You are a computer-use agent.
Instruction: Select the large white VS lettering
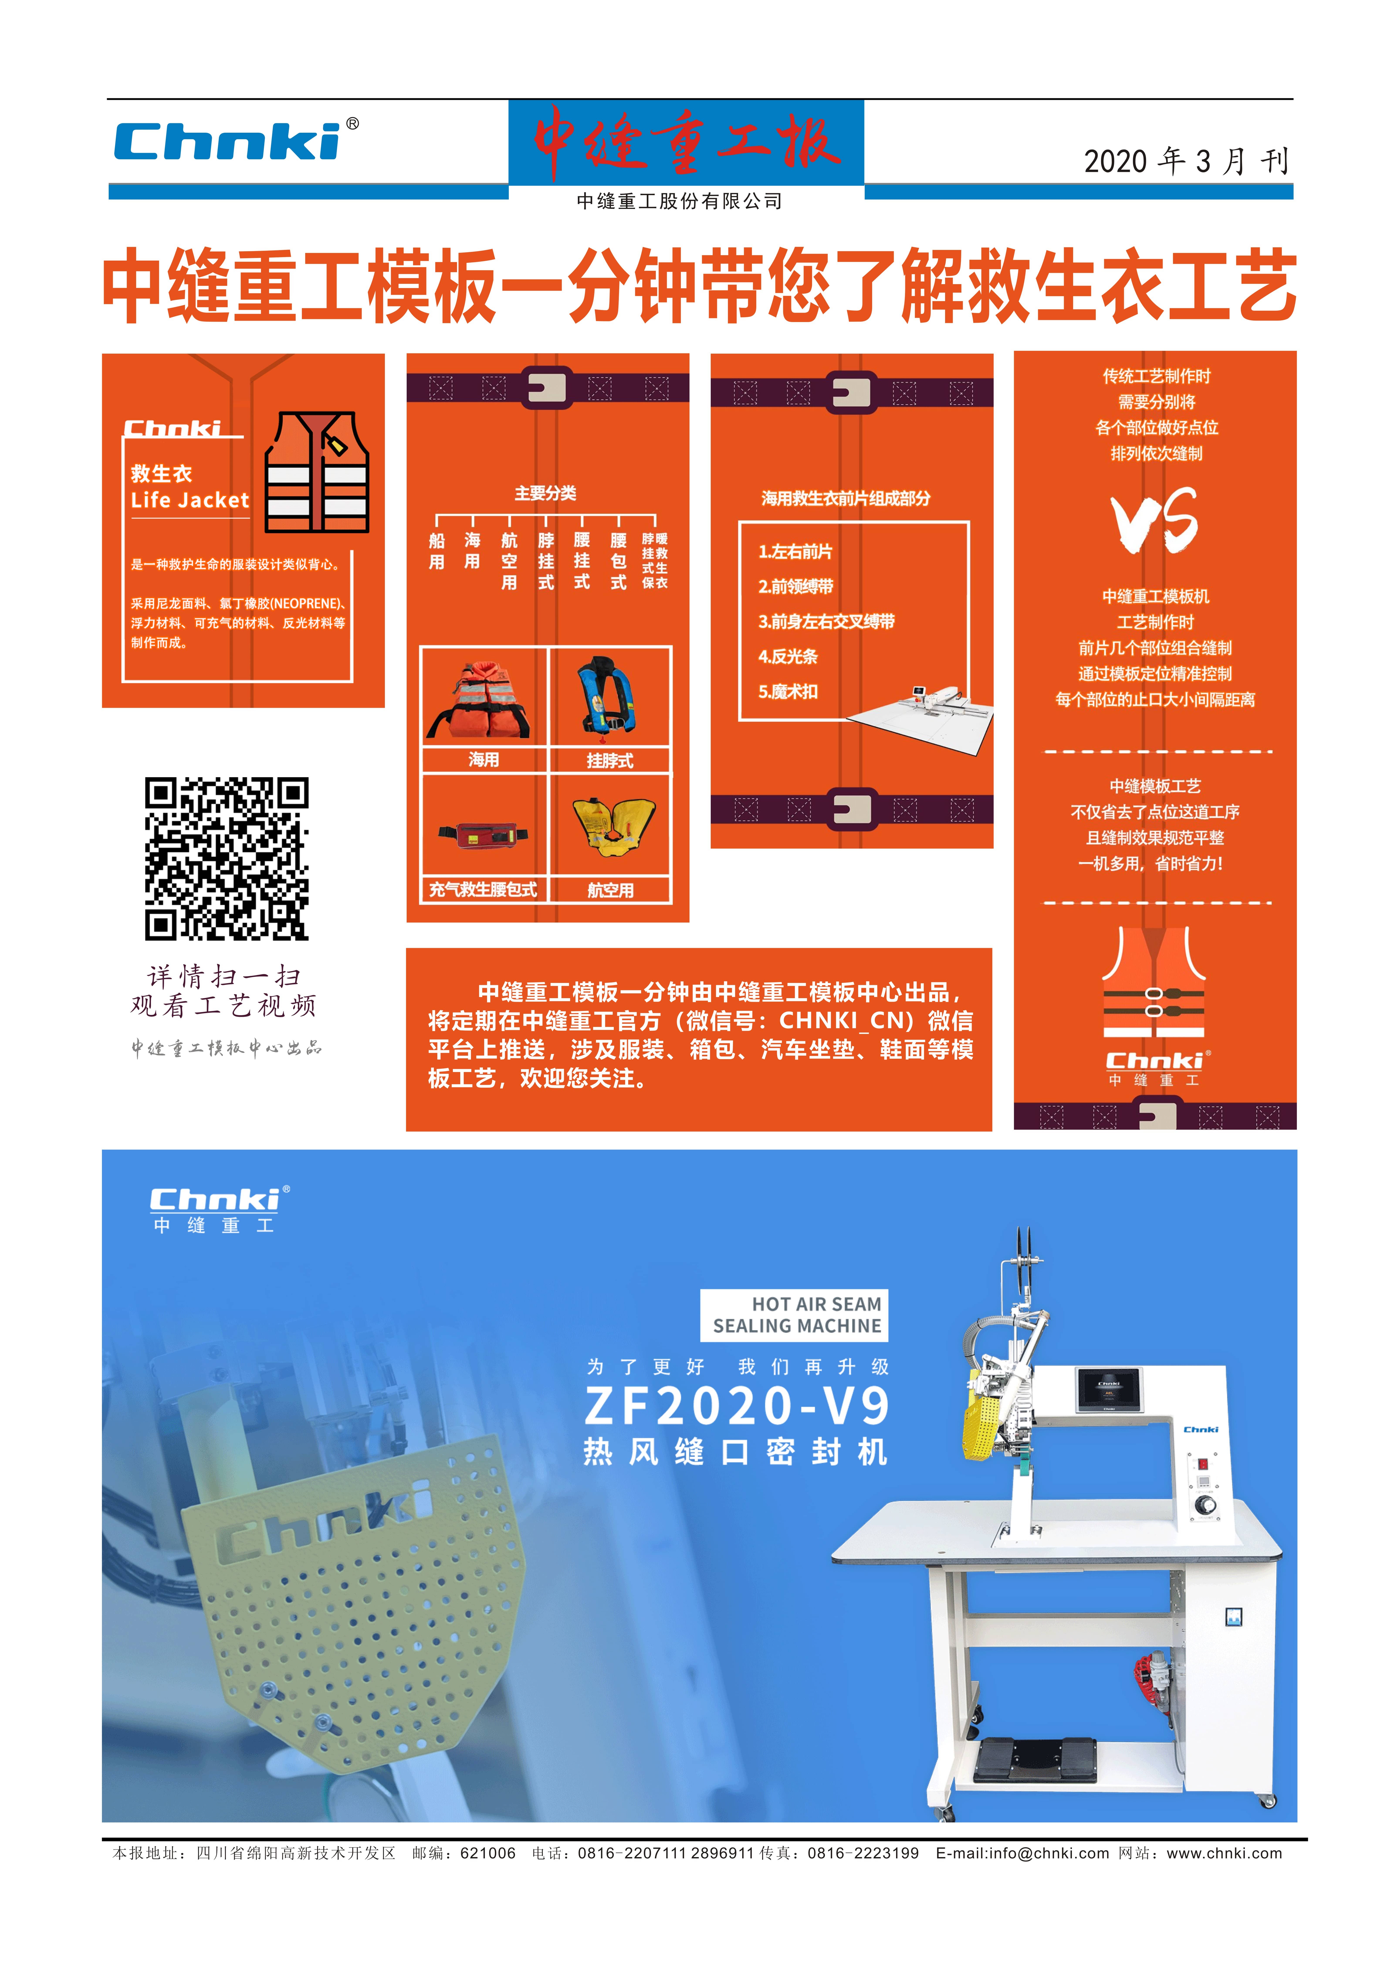(x=1155, y=519)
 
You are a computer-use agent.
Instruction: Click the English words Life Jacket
(x=190, y=500)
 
